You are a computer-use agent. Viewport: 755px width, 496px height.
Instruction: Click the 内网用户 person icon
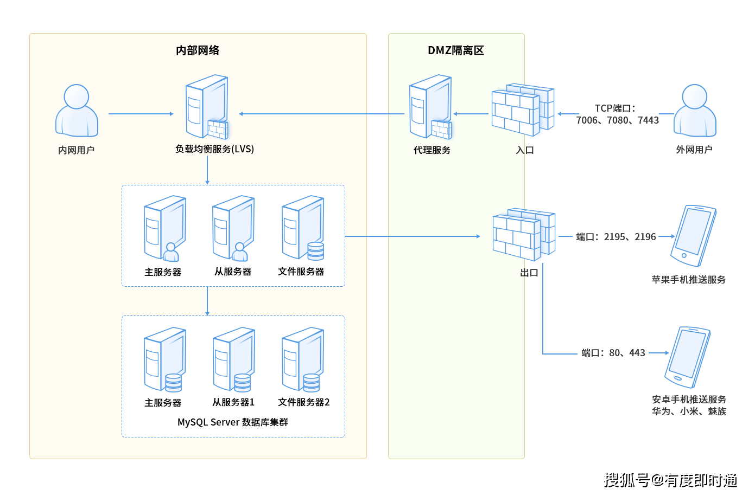77,111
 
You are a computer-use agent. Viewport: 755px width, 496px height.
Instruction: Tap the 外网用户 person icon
694,111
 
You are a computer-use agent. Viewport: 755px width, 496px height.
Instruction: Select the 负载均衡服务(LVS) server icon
207,107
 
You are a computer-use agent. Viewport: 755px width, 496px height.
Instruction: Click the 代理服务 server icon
430,107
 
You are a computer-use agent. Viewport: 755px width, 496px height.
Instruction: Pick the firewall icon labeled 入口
523,110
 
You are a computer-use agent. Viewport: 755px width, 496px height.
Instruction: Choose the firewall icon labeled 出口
524,234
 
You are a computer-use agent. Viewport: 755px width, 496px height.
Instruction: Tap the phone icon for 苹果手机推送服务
693,236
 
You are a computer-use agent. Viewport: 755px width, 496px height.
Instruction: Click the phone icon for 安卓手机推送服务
687,357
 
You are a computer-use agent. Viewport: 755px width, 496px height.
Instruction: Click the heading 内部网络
198,50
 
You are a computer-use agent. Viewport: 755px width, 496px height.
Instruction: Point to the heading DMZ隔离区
456,50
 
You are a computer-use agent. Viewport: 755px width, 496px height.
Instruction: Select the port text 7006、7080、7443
617,120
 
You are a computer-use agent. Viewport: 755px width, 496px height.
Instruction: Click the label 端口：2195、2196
616,237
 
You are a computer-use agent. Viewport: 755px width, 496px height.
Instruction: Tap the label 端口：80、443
613,353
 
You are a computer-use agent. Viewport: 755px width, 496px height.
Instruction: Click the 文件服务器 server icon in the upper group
303,228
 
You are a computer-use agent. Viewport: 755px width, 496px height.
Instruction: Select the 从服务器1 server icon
233,359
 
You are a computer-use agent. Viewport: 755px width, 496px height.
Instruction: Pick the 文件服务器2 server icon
303,359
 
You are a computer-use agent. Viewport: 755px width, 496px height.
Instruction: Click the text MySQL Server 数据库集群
233,422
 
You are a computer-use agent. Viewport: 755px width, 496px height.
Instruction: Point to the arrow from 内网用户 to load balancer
141,114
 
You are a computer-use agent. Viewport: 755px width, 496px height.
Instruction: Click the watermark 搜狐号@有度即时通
670,480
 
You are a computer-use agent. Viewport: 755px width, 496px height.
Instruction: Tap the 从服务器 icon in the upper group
233,228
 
